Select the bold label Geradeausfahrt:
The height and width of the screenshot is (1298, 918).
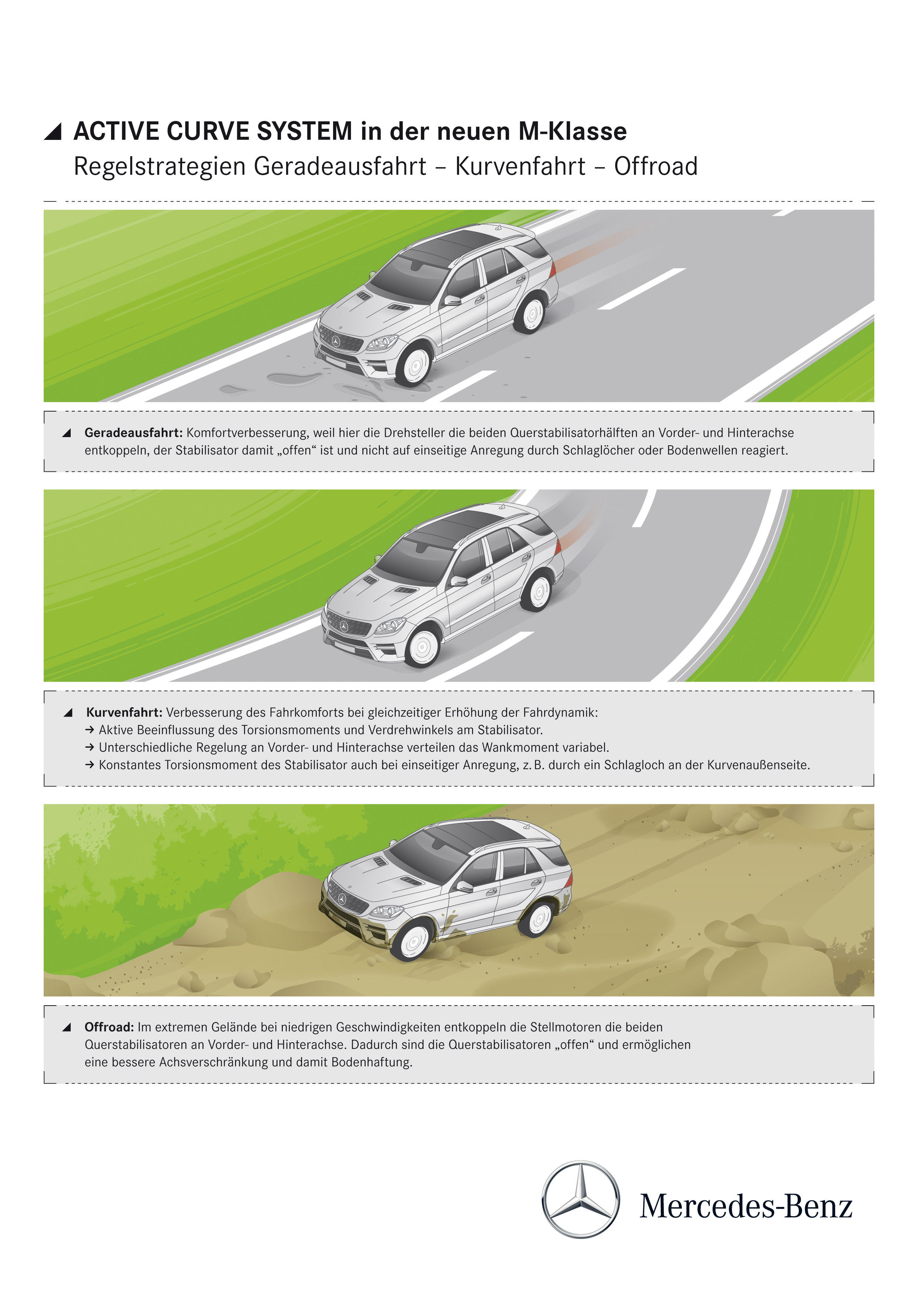click(133, 433)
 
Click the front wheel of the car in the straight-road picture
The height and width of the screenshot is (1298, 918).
click(414, 365)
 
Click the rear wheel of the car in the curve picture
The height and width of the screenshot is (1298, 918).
click(537, 592)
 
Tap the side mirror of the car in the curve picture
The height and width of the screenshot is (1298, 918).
click(458, 581)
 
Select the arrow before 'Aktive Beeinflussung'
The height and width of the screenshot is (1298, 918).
click(90, 730)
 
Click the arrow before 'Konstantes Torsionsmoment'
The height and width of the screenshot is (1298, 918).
click(90, 765)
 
